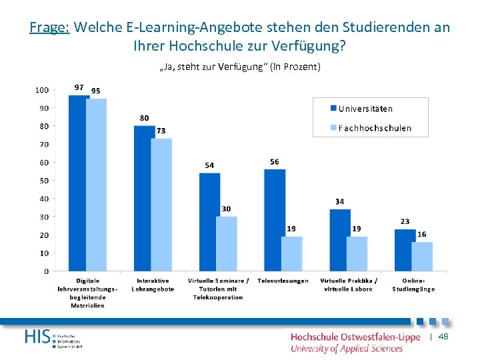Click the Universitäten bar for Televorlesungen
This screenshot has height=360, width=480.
click(275, 220)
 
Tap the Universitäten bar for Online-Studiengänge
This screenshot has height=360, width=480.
click(405, 250)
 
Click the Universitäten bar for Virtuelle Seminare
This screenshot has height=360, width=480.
click(209, 222)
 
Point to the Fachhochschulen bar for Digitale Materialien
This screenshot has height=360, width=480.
click(96, 185)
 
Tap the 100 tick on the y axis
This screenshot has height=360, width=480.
click(41, 90)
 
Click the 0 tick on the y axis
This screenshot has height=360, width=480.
click(45, 271)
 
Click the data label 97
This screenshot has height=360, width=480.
click(79, 87)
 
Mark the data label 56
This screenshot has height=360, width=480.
click(275, 162)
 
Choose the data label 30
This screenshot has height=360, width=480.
click(226, 209)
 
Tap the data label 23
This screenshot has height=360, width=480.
click(405, 221)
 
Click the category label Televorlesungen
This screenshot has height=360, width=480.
click(283, 281)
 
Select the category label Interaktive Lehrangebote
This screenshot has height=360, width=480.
click(153, 285)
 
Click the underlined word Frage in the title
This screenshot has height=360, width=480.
click(50, 28)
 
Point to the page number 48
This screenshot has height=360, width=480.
click(443, 337)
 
